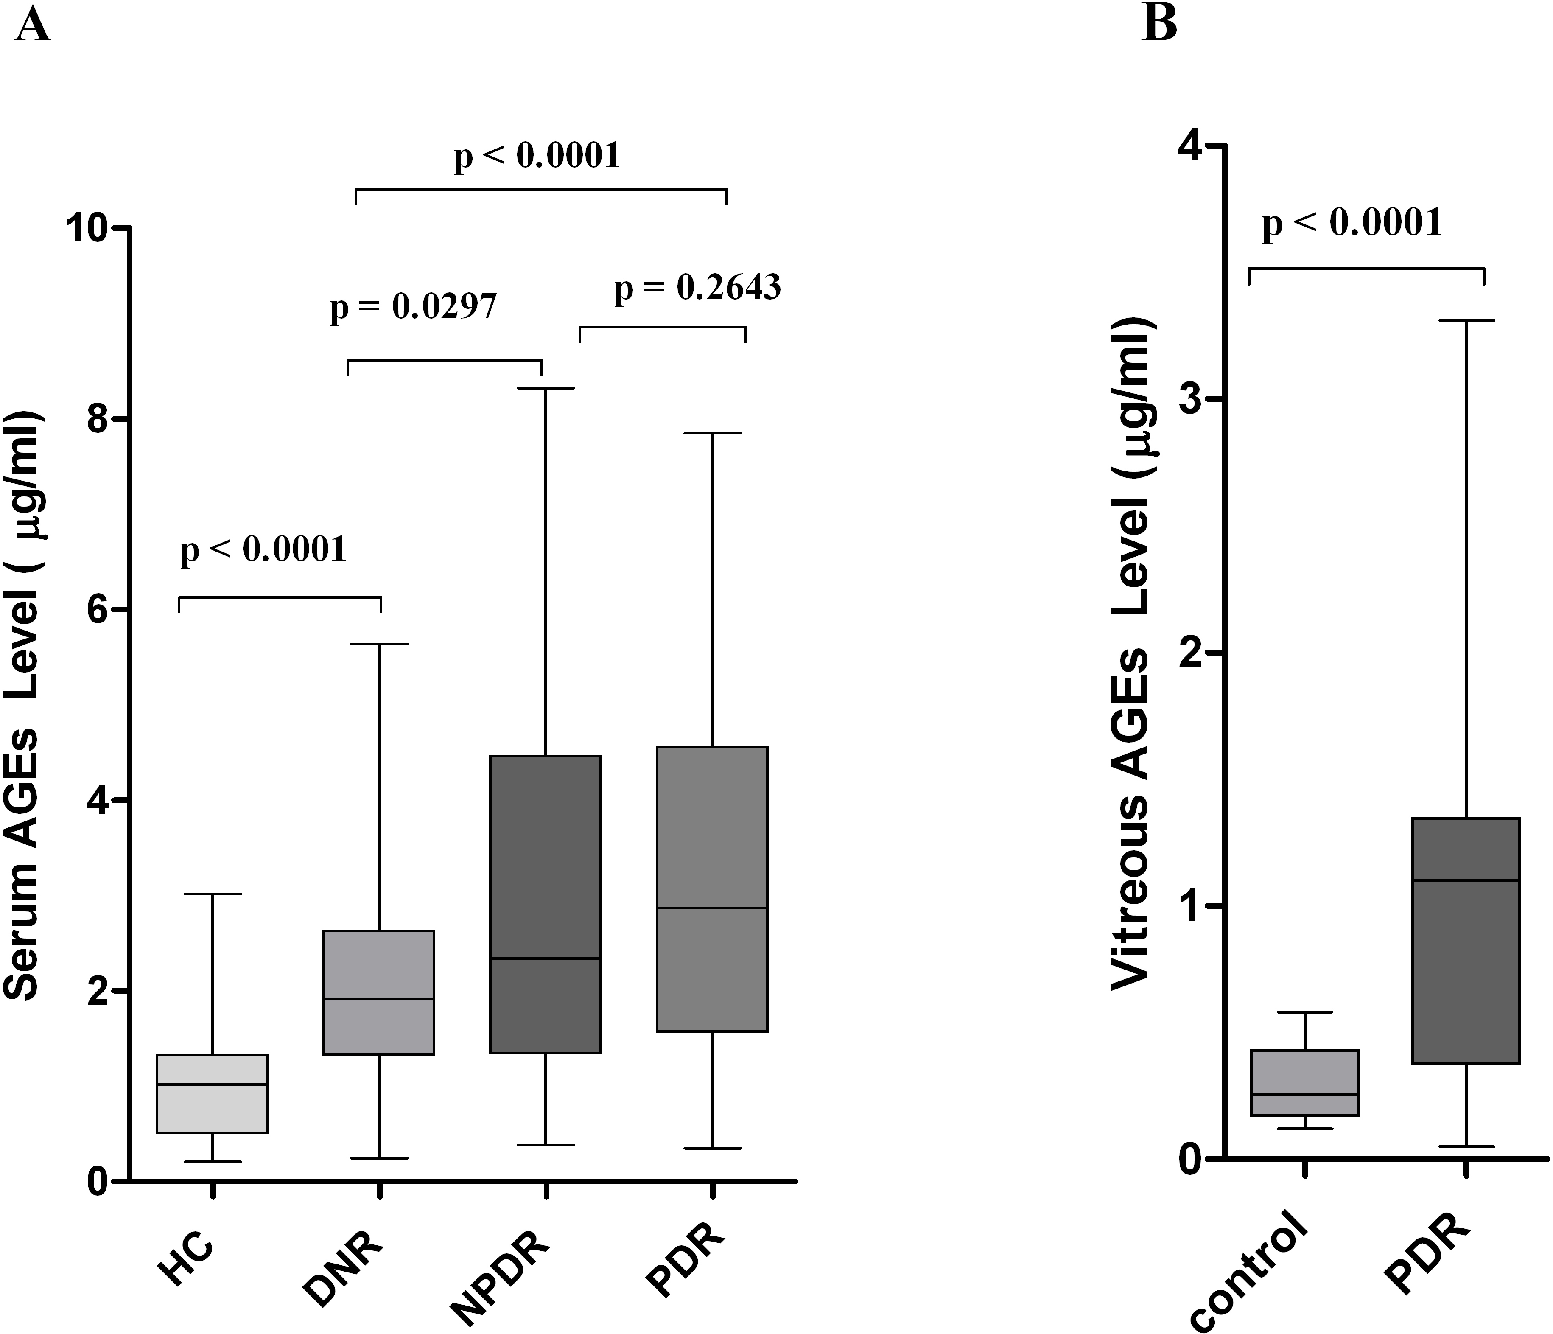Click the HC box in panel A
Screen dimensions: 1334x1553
pyautogui.click(x=212, y=1093)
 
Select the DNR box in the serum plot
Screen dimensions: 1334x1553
pyautogui.click(x=378, y=992)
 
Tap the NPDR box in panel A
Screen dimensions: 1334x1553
pyautogui.click(x=546, y=904)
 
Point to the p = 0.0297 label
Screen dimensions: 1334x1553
pyautogui.click(x=414, y=308)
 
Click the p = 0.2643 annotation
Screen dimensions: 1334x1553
pyautogui.click(x=698, y=288)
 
